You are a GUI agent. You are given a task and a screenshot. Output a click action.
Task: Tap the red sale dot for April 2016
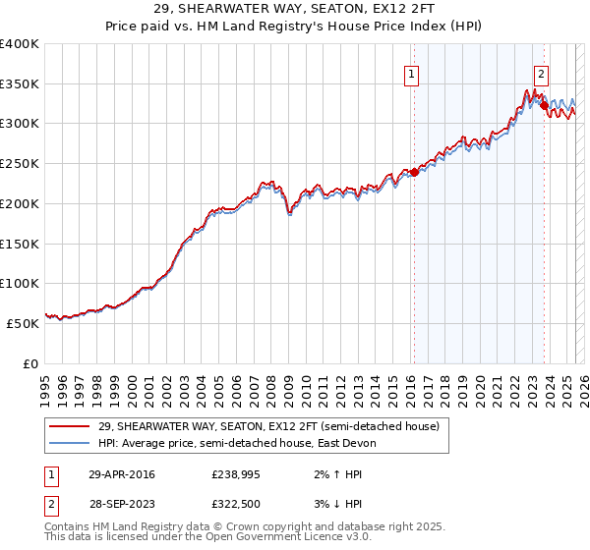click(414, 173)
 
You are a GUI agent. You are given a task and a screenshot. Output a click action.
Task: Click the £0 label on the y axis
click(30, 363)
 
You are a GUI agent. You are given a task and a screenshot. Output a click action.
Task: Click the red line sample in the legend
click(70, 425)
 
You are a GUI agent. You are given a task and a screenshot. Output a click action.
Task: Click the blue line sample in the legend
click(70, 443)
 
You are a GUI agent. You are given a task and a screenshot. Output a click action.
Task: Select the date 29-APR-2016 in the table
click(121, 474)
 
